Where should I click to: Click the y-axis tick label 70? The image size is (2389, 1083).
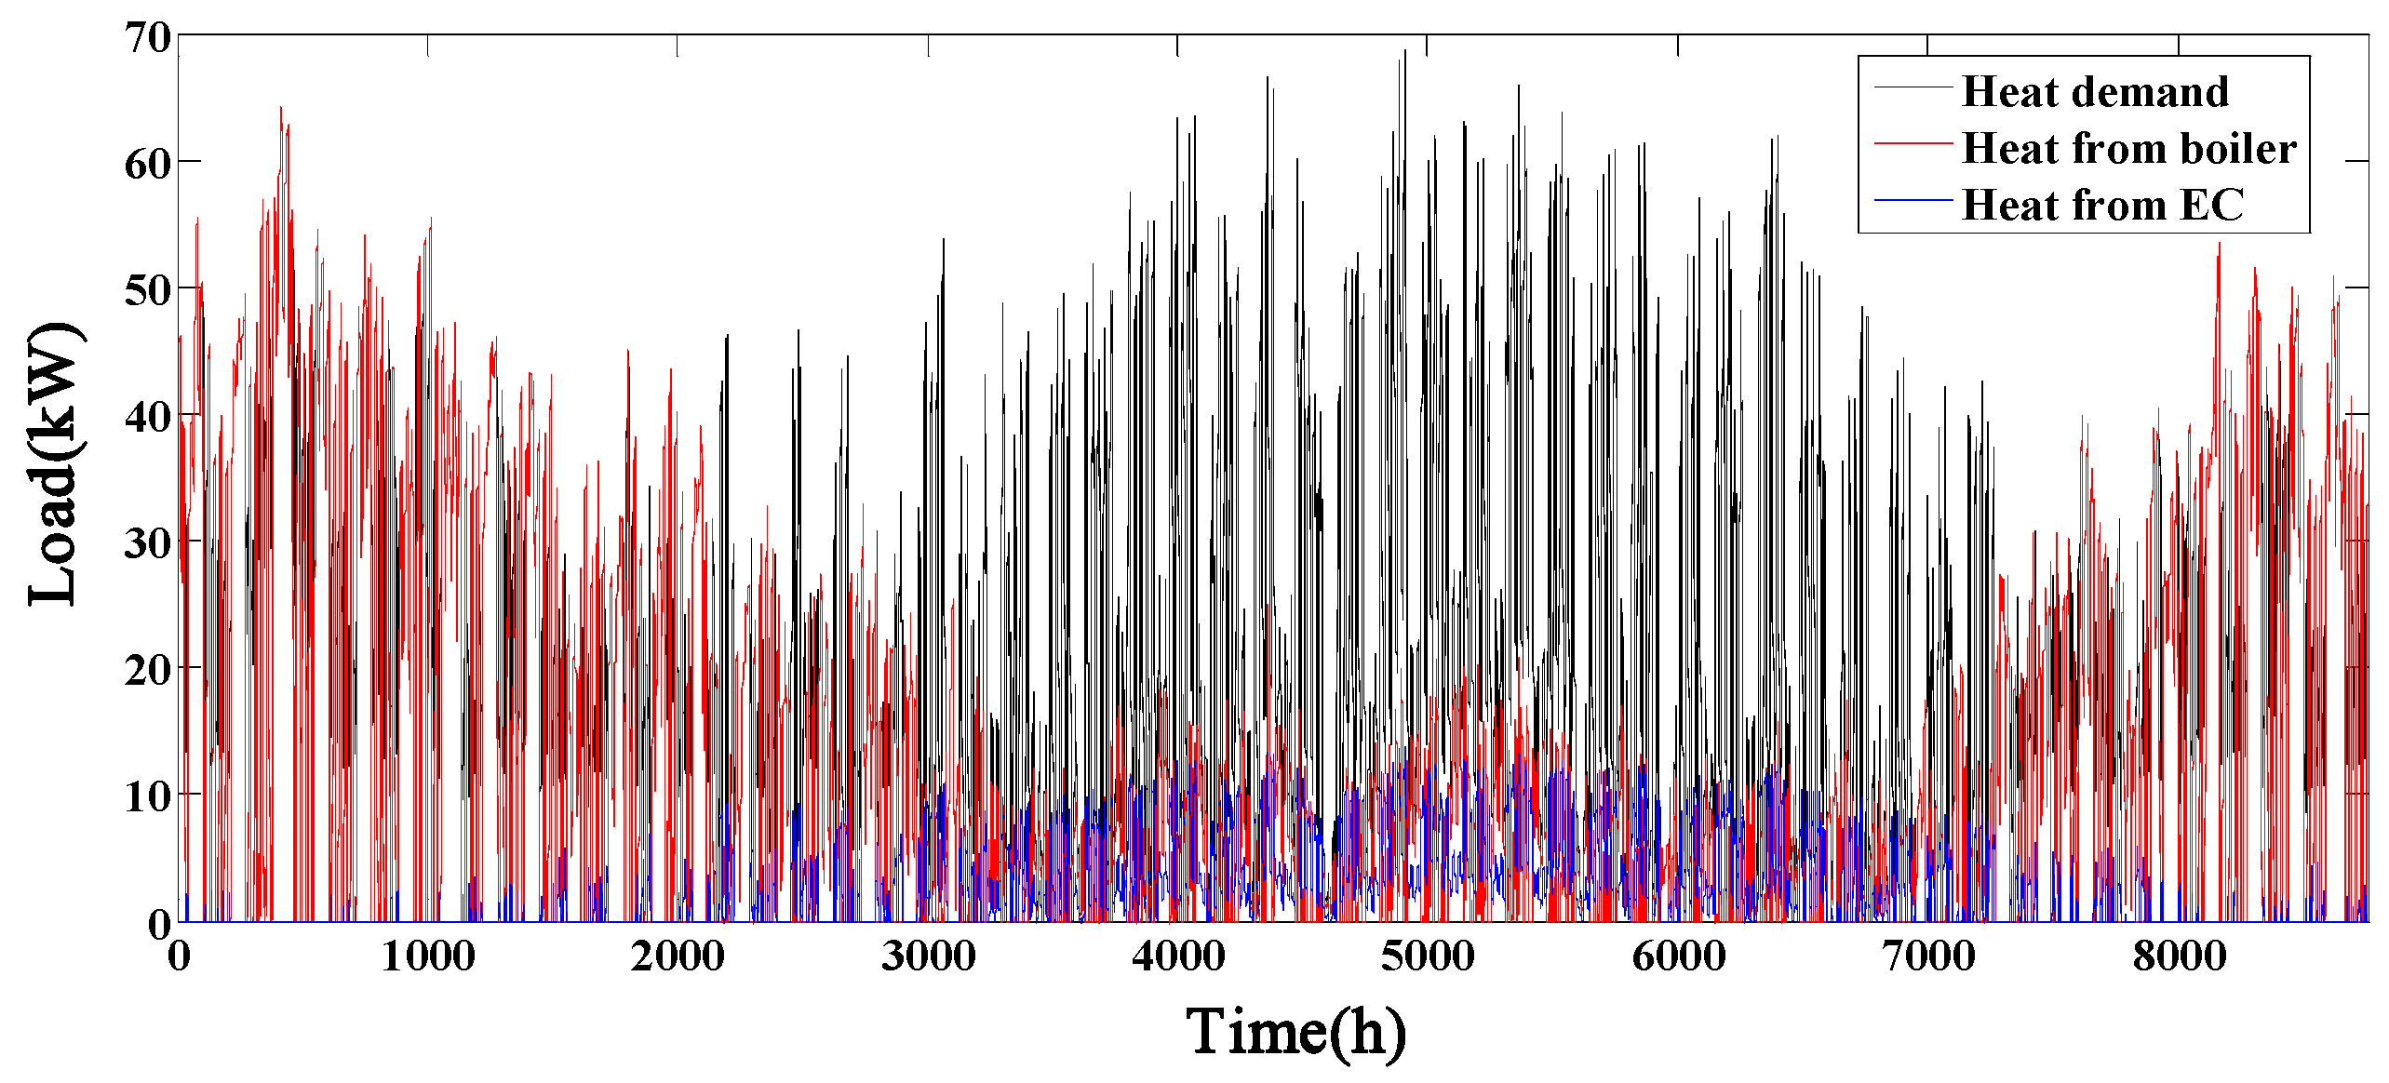pos(148,38)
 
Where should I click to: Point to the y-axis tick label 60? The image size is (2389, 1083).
pos(148,165)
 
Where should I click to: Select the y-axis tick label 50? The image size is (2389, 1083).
pos(148,291)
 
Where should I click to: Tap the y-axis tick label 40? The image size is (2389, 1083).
pos(148,418)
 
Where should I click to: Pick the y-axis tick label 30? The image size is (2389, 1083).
pos(148,544)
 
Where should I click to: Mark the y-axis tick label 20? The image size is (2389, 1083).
pos(148,671)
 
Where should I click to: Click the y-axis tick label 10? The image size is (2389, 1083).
pos(148,797)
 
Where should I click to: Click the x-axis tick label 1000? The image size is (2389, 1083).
pos(428,956)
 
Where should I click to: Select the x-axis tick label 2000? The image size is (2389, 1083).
pos(678,956)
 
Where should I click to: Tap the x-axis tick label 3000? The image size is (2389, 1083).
pos(928,956)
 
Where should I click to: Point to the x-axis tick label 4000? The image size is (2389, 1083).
pos(1178,956)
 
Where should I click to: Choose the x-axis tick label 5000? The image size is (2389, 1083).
pos(1428,956)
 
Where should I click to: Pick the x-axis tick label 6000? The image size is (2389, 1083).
pos(1678,956)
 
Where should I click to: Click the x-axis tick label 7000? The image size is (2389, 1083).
pos(1928,956)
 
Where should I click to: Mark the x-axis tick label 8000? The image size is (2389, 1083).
pos(2179,956)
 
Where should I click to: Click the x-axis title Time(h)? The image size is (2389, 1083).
pos(1295,1033)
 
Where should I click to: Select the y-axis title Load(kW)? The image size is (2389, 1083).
pos(54,464)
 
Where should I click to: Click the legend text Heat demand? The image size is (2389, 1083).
pos(2095,92)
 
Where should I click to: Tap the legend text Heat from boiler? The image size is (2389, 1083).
pos(2128,149)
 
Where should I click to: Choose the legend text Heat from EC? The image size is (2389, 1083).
pos(2102,206)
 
